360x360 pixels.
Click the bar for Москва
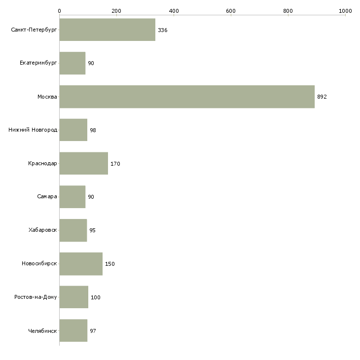[x=187, y=97]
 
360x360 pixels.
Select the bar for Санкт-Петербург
[x=108, y=30]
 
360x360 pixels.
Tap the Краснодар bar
[x=84, y=164]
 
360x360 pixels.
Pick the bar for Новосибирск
[x=81, y=264]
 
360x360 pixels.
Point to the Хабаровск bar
[x=73, y=230]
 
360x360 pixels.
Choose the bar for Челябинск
[x=73, y=331]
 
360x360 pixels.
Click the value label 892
[x=322, y=97]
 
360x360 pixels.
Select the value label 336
[x=163, y=31]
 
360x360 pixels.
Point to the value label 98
[x=93, y=131]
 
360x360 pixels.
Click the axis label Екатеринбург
[x=38, y=64]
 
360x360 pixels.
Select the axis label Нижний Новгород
[x=33, y=130]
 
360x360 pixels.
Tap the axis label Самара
[x=47, y=197]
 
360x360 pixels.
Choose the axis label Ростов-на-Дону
[x=36, y=297]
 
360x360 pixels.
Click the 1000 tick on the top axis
[x=345, y=10]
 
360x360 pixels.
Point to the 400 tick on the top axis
[x=174, y=10]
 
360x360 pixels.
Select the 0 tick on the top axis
[x=60, y=10]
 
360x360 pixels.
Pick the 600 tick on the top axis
[x=231, y=10]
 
